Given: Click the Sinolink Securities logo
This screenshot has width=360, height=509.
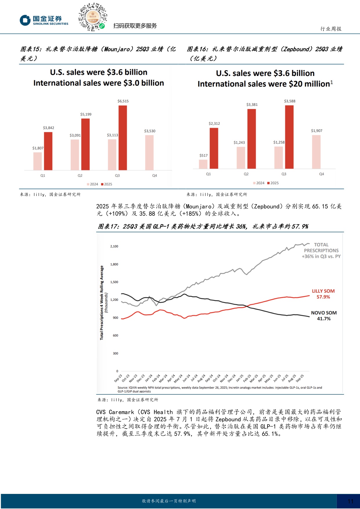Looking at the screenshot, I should pyautogui.click(x=44, y=20).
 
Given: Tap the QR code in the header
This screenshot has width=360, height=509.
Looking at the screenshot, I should pyautogui.click(x=93, y=17).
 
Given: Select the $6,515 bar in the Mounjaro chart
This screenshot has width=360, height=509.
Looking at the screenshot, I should pyautogui.click(x=123, y=137).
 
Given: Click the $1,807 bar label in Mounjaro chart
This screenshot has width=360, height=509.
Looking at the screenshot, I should pyautogui.click(x=38, y=148).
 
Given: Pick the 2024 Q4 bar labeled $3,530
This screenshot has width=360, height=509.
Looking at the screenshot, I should pyautogui.click(x=149, y=153).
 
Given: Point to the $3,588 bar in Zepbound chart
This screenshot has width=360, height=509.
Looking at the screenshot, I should pyautogui.click(x=289, y=137).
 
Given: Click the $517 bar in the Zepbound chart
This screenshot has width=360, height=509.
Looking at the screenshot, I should pyautogui.click(x=203, y=164).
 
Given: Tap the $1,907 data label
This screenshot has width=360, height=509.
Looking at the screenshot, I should pyautogui.click(x=316, y=131).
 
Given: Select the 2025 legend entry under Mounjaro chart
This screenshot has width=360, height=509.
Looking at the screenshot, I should pyautogui.click(x=106, y=184).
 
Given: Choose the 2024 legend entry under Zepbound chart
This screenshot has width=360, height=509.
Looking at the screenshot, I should pyautogui.click(x=259, y=183).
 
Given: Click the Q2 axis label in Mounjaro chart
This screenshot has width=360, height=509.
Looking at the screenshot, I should pyautogui.click(x=80, y=175).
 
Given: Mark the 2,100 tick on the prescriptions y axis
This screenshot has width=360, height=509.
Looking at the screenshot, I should pyautogui.click(x=114, y=246).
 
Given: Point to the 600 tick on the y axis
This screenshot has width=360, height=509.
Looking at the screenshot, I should pyautogui.click(x=115, y=336).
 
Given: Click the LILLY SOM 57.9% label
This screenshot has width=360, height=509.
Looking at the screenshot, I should pyautogui.click(x=323, y=294).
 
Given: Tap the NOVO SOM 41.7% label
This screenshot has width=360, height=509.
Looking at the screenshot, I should pyautogui.click(x=324, y=316).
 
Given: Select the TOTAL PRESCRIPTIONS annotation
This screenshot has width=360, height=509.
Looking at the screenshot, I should pyautogui.click(x=321, y=251).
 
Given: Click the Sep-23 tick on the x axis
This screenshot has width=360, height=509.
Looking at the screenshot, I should pyautogui.click(x=118, y=378).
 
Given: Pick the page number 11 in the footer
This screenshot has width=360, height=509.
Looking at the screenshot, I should pyautogui.click(x=350, y=501).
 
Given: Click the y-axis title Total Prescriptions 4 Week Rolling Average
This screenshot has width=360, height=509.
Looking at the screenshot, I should pyautogui.click(x=102, y=302).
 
